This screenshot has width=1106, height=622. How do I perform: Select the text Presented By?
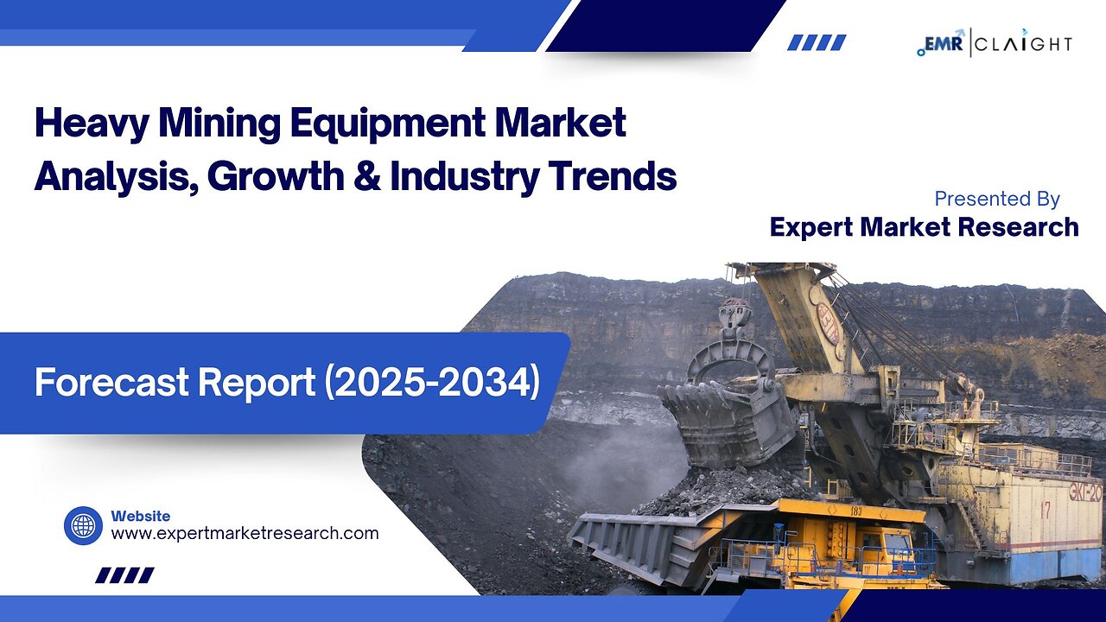[x=997, y=199]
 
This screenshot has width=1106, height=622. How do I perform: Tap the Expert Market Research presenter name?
[x=924, y=227]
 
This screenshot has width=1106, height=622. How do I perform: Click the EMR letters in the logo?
[x=947, y=42]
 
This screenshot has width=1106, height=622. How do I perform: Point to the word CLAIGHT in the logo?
[x=1026, y=43]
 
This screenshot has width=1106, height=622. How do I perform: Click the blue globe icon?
[x=83, y=525]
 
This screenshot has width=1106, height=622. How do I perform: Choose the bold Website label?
[x=140, y=516]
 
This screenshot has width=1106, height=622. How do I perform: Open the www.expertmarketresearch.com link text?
[x=245, y=533]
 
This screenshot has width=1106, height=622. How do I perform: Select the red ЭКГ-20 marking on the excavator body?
[x=1084, y=493]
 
